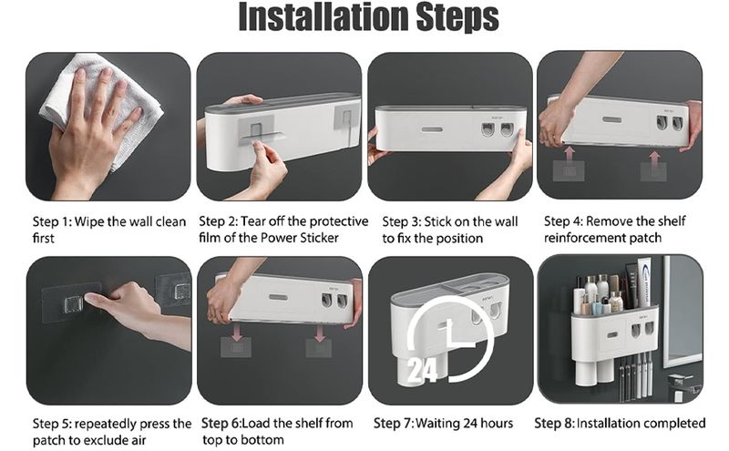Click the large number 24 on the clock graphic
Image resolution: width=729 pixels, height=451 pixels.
[x=422, y=371]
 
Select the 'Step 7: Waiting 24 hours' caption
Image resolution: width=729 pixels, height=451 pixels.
[x=443, y=423]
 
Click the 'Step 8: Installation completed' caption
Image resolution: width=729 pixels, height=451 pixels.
[x=620, y=423]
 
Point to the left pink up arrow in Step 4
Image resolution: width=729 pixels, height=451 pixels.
[x=569, y=154]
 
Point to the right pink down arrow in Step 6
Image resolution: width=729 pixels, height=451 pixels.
[x=319, y=333]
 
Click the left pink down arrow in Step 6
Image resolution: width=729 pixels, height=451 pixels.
[x=237, y=333]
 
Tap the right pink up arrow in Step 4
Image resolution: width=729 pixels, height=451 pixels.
[x=654, y=157]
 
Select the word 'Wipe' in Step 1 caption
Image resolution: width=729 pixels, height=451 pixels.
[x=89, y=221]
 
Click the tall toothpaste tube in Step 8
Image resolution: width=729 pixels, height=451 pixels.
[x=643, y=282]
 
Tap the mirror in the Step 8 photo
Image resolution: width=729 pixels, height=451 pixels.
[x=682, y=311]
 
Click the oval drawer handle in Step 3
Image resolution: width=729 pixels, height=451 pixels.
[x=432, y=129]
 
